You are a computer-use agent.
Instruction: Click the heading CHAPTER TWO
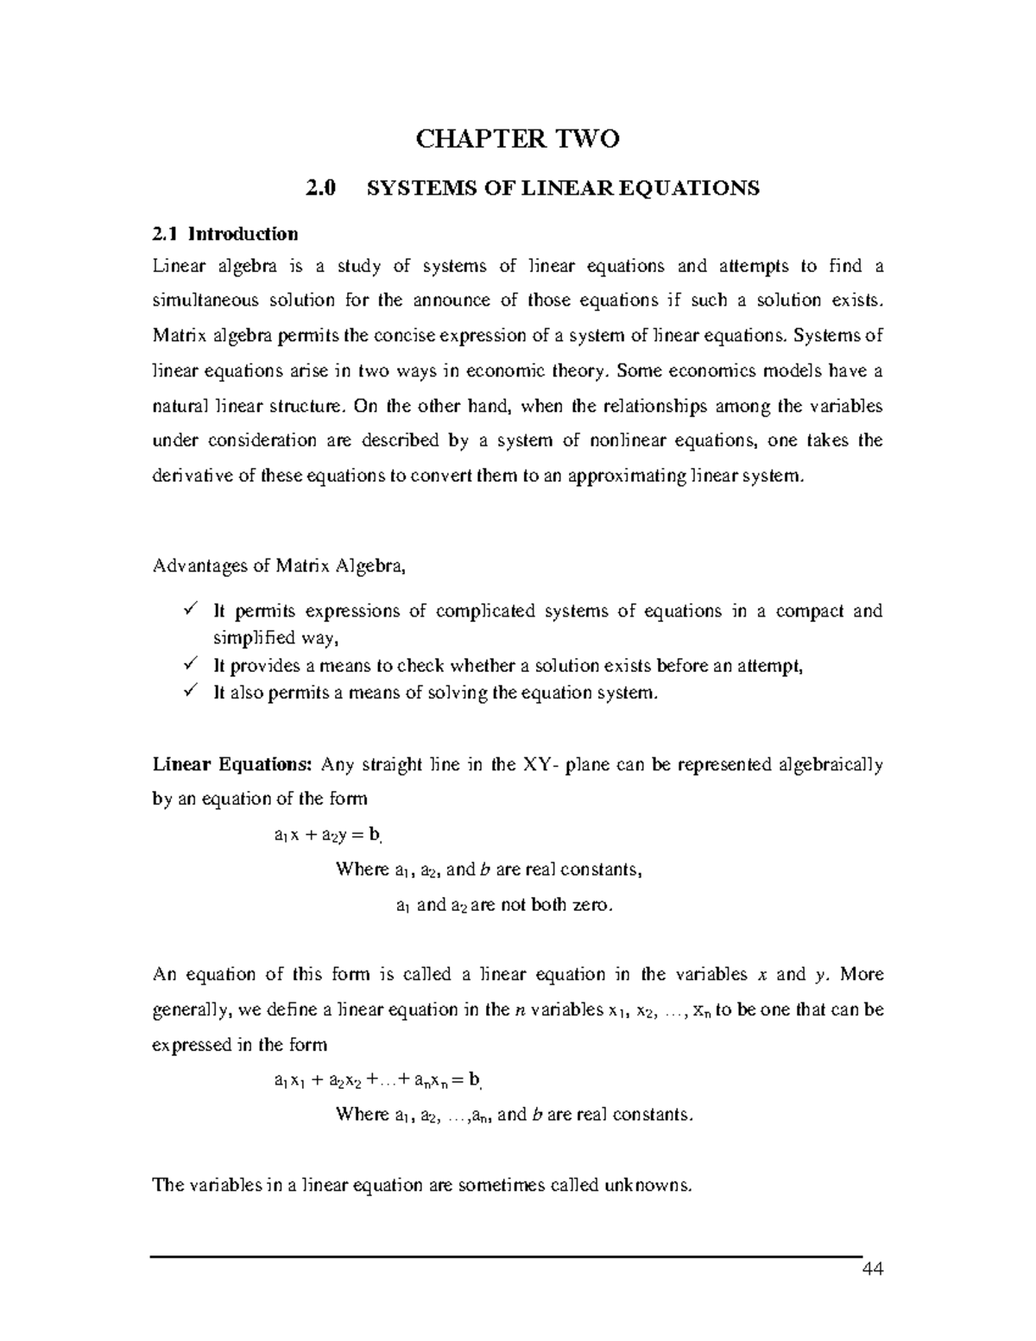pyautogui.click(x=518, y=139)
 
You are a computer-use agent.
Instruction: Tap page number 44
pyautogui.click(x=874, y=1269)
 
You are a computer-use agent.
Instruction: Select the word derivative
pyautogui.click(x=192, y=476)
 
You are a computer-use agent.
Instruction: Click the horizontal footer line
pyautogui.click(x=507, y=1256)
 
